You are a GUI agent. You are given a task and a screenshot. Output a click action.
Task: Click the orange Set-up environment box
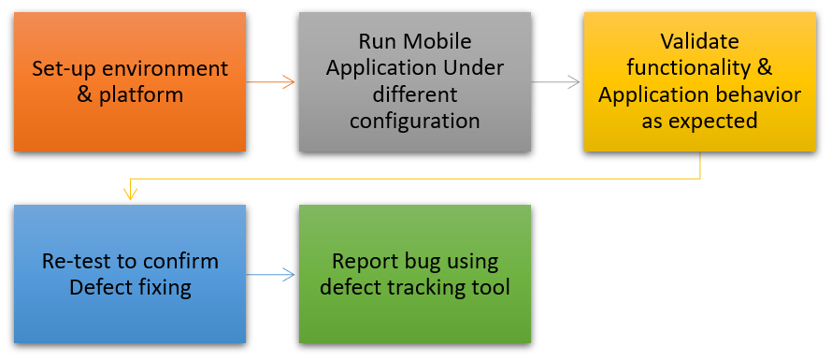pos(130,81)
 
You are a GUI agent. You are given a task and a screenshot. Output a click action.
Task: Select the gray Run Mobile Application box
pos(415,81)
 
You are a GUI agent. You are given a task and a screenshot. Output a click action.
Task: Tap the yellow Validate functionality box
pos(700,81)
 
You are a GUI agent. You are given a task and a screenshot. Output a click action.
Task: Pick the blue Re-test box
pos(130,274)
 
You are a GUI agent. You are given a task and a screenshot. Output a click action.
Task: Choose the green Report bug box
pos(415,274)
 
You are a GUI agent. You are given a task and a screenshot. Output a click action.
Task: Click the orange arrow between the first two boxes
pos(270,81)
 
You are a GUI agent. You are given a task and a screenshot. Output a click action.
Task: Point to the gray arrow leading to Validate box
pos(555,81)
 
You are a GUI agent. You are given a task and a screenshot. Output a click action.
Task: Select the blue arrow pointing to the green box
pos(270,275)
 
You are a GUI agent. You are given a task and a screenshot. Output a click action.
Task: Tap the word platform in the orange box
pos(141,96)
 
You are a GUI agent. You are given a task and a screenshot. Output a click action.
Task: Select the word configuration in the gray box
pos(415,122)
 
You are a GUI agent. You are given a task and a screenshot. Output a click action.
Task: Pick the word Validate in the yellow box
pos(700,41)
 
